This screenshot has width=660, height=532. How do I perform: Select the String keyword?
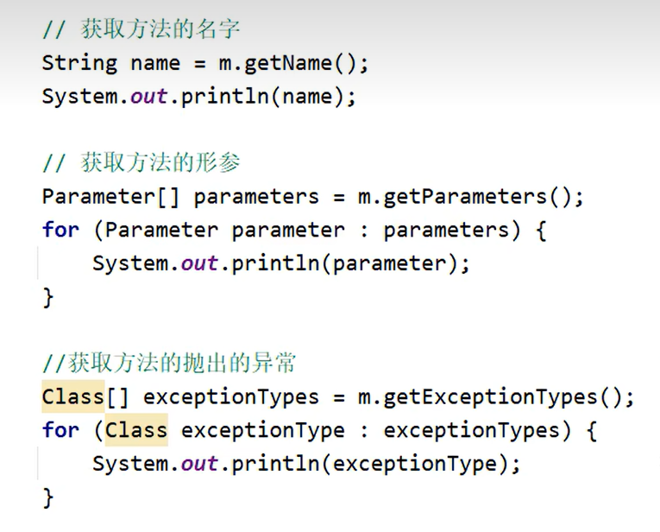79,63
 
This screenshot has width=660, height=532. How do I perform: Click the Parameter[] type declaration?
110,196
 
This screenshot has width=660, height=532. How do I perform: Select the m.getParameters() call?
470,196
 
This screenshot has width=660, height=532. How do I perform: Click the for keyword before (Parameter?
60,230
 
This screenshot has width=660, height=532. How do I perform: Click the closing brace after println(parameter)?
48,297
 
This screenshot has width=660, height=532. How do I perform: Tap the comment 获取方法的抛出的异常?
168,364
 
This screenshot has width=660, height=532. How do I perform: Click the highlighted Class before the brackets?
72,397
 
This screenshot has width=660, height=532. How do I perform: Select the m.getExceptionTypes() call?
495,397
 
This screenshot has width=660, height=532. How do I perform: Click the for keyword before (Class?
60,430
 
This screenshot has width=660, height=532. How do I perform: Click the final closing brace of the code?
48,497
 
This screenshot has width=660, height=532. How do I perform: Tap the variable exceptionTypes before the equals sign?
230,397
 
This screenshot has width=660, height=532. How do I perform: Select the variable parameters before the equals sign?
256,196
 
